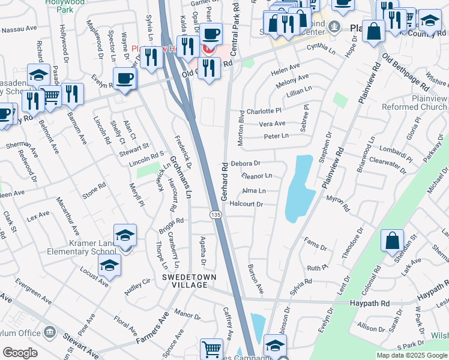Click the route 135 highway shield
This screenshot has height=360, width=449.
coord(215,214)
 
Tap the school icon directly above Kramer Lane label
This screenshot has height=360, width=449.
coord(125,235)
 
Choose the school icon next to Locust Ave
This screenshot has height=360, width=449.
coord(109,265)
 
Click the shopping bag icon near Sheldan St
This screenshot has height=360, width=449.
coord(392,240)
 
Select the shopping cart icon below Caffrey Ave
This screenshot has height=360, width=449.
coord(211,348)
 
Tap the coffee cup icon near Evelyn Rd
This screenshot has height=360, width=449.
coord(124,78)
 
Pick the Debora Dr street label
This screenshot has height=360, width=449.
coord(245,163)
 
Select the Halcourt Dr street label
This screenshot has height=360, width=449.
coord(247,204)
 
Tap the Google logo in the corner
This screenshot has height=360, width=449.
coord(20,352)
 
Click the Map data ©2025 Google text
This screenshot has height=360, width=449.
coord(411,355)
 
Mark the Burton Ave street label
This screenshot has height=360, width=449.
coord(256,279)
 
